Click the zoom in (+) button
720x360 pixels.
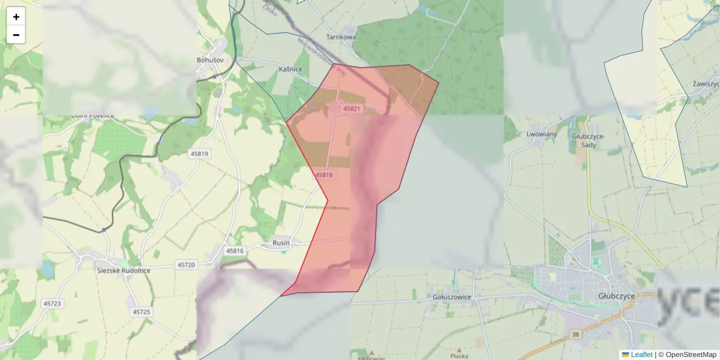click(16, 17)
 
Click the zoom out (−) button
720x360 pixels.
click(16, 35)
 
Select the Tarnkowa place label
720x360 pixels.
click(341, 37)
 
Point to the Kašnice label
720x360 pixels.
click(290, 70)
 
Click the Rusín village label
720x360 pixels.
click(281, 243)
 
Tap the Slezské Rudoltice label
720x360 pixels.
click(124, 271)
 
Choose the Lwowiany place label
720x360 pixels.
click(541, 134)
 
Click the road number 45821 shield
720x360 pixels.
click(352, 109)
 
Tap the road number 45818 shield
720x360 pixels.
click(323, 175)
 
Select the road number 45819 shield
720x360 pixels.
click(199, 154)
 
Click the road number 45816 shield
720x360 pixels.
click(235, 251)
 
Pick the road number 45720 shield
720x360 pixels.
click(186, 265)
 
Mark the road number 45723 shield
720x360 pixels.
click(52, 304)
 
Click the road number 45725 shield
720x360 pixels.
click(142, 312)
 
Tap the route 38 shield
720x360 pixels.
click(577, 334)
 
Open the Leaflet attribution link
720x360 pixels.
click(641, 355)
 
